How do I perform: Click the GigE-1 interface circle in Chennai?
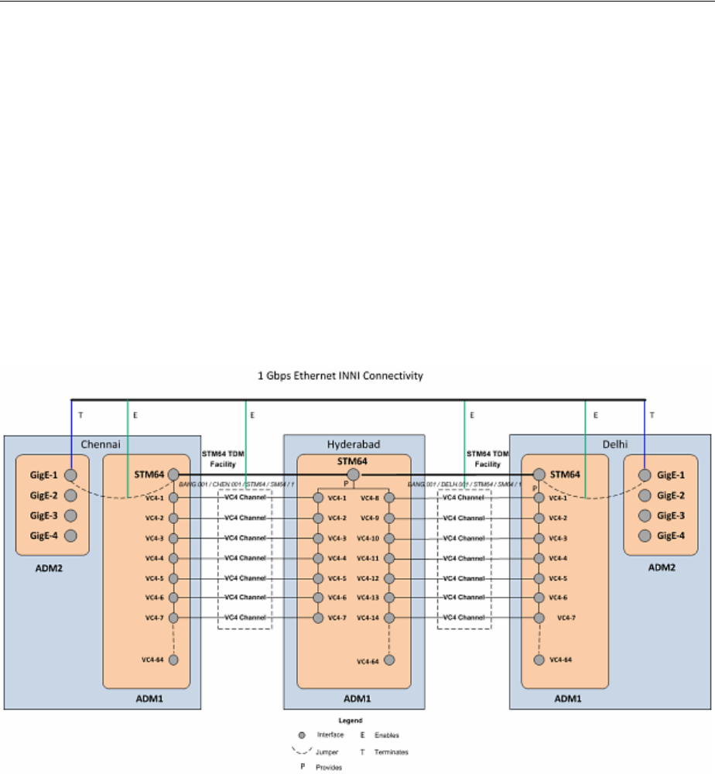pos(70,475)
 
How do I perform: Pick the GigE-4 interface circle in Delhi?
pos(644,536)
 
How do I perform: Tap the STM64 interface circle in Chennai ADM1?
pos(173,475)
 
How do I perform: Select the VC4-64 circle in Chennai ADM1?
pos(173,659)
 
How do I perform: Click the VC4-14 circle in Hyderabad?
pos(388,618)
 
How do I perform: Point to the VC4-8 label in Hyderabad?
pos(369,498)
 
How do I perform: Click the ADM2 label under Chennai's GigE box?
pos(51,568)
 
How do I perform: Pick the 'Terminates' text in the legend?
pos(392,752)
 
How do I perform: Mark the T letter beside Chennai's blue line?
pos(80,415)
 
